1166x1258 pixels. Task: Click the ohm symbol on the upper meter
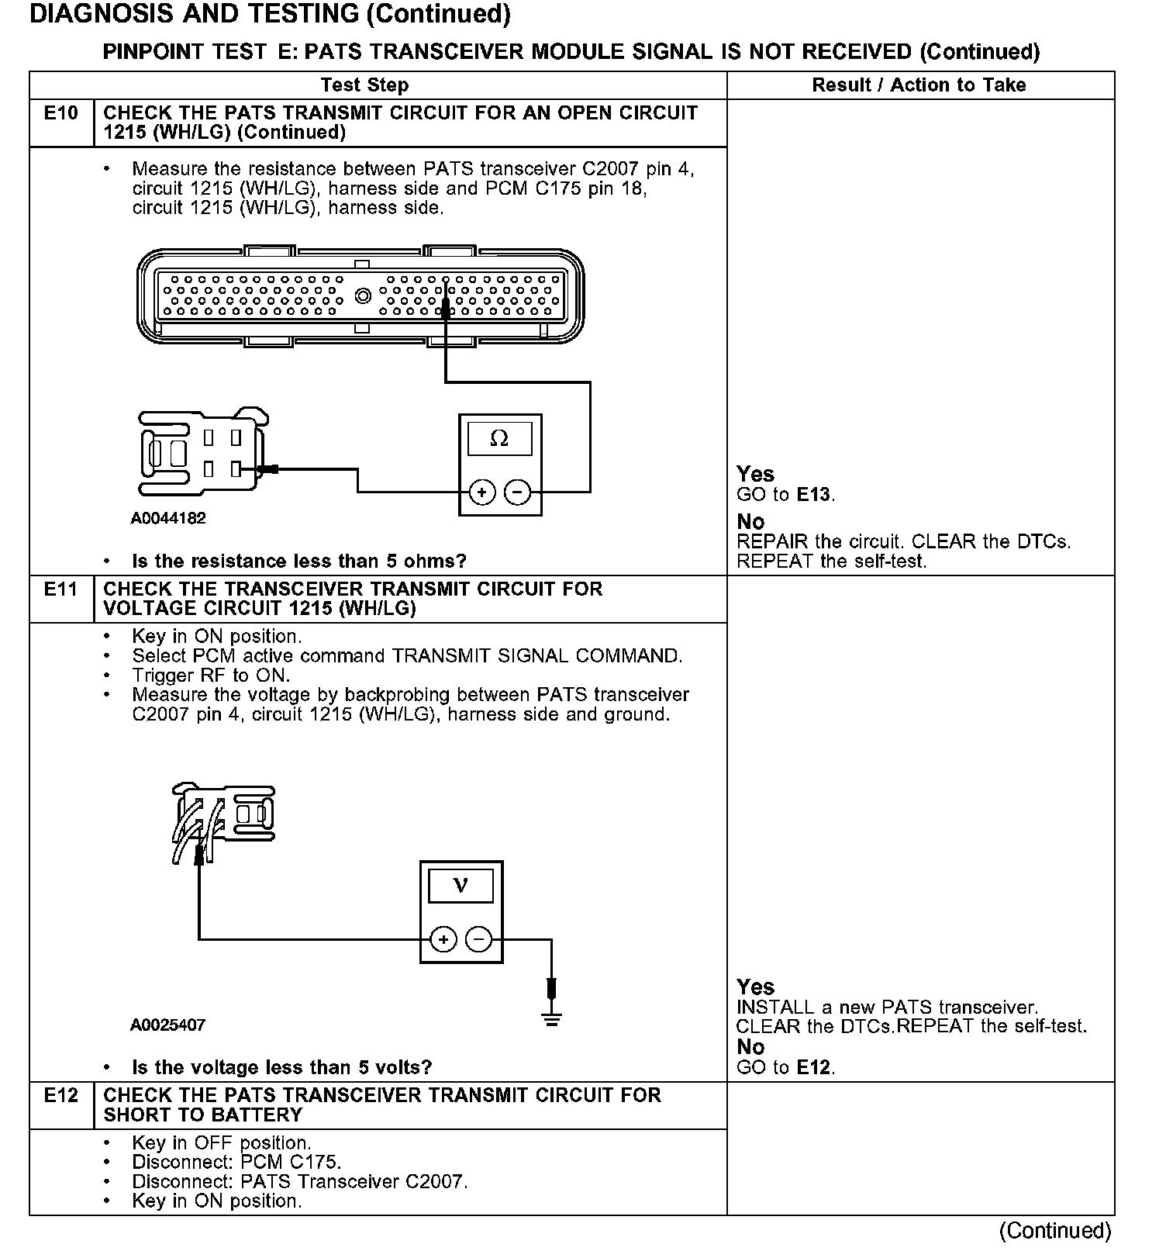coord(499,439)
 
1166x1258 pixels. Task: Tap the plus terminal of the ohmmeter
coord(482,492)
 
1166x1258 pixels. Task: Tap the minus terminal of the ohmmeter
coord(517,492)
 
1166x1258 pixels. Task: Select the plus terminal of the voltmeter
coord(443,939)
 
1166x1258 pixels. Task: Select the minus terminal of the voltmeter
coord(478,939)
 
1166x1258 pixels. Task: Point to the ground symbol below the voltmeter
coord(551,1018)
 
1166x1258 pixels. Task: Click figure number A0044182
coord(168,518)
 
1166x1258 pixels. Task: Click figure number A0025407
coord(168,1025)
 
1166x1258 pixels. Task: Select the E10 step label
coord(61,113)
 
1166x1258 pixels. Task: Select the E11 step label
coord(61,589)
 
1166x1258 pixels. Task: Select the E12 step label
coord(61,1095)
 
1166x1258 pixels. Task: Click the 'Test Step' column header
coord(364,85)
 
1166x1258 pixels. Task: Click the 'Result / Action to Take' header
coord(919,85)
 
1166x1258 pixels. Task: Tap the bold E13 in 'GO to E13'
coord(815,494)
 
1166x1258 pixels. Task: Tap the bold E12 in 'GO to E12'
coord(814,1067)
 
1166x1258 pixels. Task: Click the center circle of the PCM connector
coord(362,295)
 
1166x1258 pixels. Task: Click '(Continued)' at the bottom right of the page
coord(1055,1230)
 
